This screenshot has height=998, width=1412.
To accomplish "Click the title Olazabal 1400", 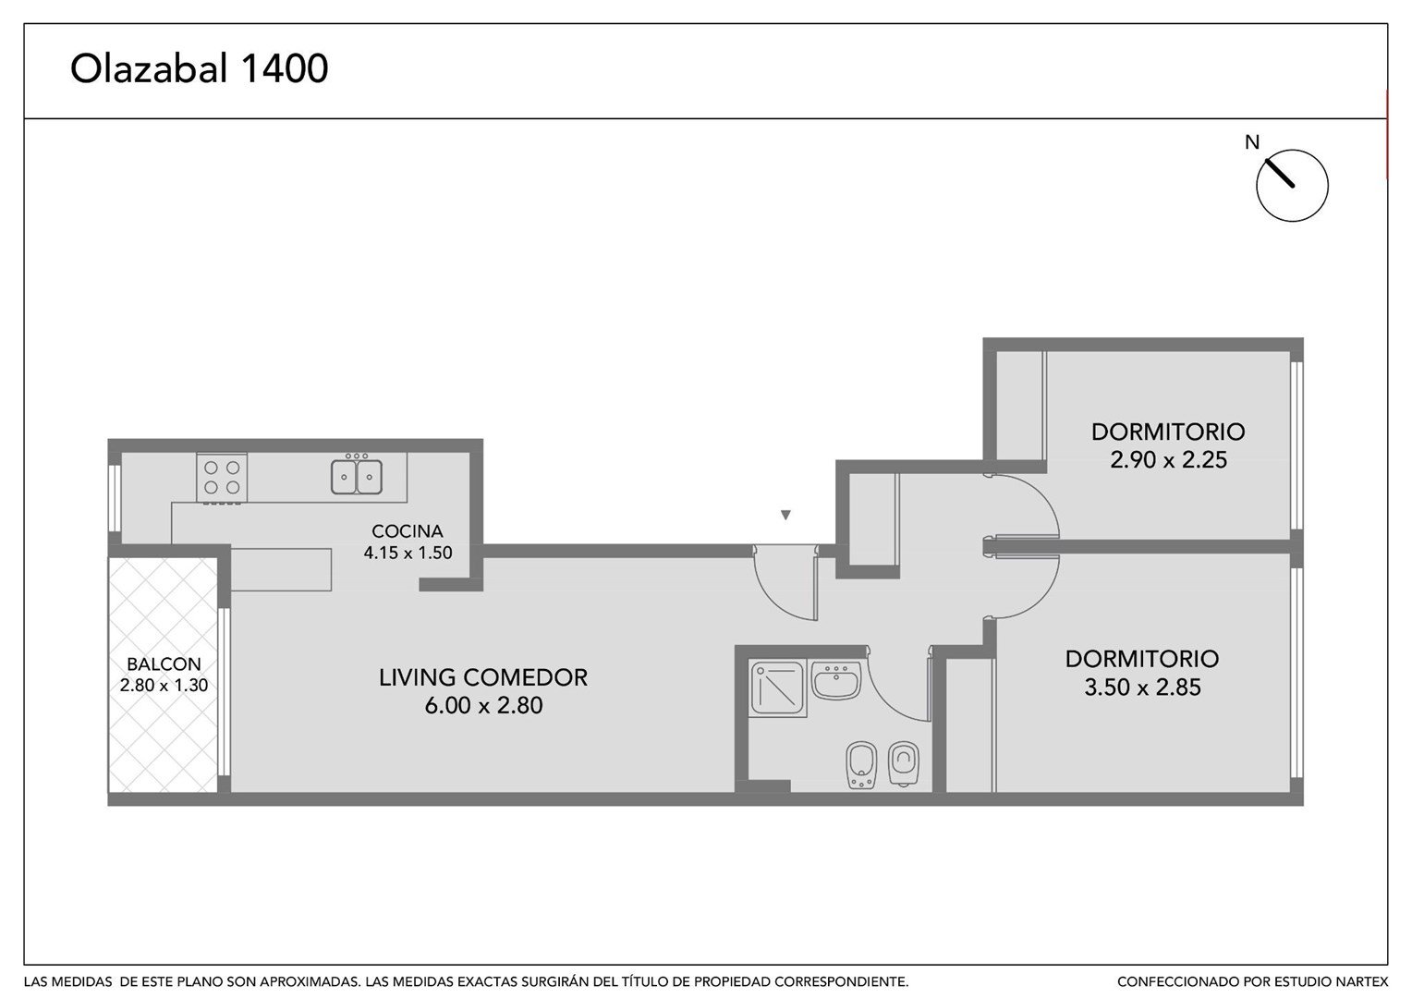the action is click(x=200, y=68).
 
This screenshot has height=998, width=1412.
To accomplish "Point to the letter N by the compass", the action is click(x=1252, y=142).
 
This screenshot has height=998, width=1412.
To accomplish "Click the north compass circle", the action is click(x=1292, y=186).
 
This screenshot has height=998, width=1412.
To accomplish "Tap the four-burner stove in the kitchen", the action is click(x=221, y=477).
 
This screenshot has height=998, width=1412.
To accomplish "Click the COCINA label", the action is click(x=408, y=530).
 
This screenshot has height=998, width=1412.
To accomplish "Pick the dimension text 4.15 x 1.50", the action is click(x=408, y=553).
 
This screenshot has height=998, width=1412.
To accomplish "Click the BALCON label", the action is click(x=164, y=663).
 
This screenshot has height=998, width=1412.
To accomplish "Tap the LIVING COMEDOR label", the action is click(x=483, y=677).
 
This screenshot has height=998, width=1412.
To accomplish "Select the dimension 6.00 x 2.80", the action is click(x=483, y=705).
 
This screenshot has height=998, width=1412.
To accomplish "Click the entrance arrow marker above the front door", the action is click(x=785, y=515).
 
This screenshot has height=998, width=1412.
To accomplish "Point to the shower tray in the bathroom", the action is click(x=778, y=688).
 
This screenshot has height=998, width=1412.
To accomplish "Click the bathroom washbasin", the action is click(x=836, y=680).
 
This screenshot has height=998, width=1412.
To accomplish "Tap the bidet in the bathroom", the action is click(x=860, y=765).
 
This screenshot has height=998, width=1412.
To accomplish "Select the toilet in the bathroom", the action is click(x=904, y=763).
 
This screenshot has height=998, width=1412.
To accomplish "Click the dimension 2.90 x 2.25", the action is click(x=1169, y=460).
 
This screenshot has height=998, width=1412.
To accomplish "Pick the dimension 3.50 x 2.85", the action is click(x=1143, y=688).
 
